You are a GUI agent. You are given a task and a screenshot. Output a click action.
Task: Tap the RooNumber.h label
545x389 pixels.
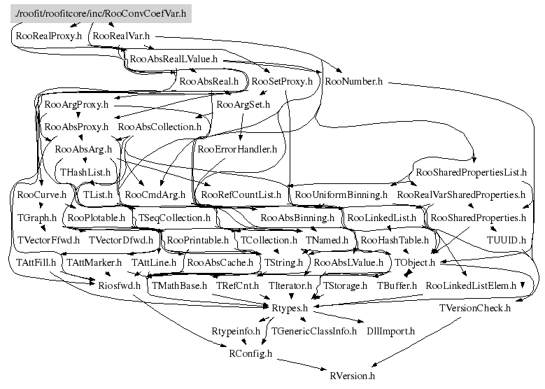tap(353, 81)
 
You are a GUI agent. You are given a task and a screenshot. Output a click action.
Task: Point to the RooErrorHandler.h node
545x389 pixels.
tap(238, 148)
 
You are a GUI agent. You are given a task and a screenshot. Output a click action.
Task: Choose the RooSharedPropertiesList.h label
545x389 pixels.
tap(471, 171)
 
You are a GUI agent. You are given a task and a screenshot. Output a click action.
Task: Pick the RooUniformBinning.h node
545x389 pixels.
tap(341, 194)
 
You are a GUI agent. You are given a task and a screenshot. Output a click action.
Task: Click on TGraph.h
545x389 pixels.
tap(36, 218)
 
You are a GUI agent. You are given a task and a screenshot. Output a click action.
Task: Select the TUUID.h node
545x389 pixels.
tap(506, 240)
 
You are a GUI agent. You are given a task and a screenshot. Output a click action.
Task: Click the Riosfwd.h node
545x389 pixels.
tap(119, 285)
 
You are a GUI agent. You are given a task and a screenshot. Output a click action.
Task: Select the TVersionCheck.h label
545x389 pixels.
tap(475, 308)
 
